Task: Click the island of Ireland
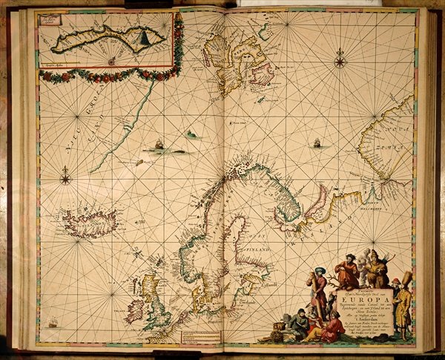[135, 310]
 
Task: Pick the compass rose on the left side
[65, 177]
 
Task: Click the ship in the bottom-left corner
[53, 322]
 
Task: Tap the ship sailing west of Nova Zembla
[317, 143]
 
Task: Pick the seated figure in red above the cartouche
[346, 271]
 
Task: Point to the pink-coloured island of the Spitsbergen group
[263, 74]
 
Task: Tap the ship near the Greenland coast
[158, 145]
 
